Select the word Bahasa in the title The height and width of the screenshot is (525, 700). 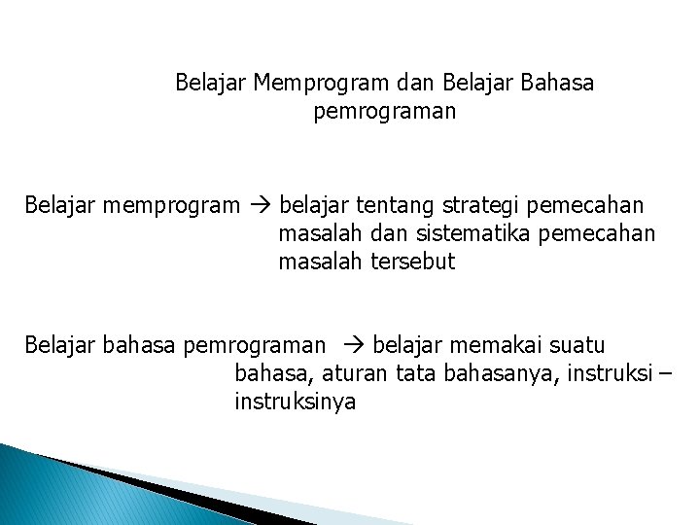tap(557, 84)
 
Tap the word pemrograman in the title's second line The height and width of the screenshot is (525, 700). tap(385, 113)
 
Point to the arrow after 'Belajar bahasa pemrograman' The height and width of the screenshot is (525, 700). tap(352, 344)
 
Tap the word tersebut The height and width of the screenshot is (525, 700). tap(412, 262)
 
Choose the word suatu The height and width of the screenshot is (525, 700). tap(578, 344)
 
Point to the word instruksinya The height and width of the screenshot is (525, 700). tap(295, 401)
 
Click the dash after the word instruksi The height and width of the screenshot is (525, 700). tap(665, 372)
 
